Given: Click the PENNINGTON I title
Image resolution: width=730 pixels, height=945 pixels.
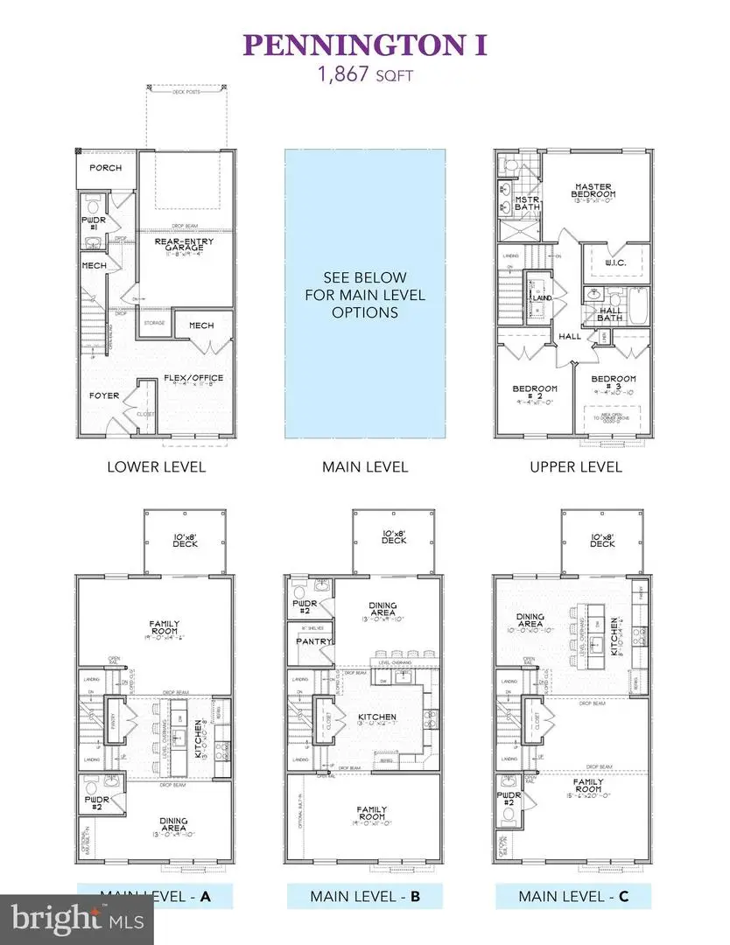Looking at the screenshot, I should point(364,45).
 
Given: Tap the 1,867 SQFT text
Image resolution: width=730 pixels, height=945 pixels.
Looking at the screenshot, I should point(364,75).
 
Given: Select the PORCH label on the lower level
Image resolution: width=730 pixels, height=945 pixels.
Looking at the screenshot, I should point(104,168).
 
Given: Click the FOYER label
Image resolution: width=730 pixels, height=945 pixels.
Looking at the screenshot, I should point(104,395).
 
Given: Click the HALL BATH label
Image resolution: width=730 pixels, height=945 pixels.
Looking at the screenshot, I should point(610,313).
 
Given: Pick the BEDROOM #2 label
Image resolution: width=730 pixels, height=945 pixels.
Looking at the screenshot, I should point(535,393).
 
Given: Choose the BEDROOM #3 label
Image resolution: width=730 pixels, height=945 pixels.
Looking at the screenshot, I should point(614,383).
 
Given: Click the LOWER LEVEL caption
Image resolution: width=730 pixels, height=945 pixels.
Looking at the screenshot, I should point(156,466).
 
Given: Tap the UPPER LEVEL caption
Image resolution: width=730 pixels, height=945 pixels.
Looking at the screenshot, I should point(575,466).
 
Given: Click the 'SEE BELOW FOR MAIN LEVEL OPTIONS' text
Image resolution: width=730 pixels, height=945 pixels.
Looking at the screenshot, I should point(364,296).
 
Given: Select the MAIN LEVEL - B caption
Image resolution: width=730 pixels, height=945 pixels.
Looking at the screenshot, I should point(364,896).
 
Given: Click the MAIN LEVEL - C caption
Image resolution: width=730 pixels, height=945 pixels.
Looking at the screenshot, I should point(572,896).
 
